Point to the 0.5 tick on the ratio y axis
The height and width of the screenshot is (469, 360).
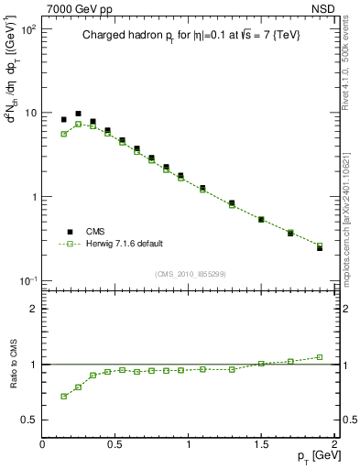[x=29, y=420]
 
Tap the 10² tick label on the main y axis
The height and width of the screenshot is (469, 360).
[x=27, y=29]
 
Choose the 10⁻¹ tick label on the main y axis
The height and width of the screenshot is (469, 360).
[x=27, y=279]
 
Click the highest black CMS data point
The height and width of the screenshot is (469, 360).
[x=78, y=114]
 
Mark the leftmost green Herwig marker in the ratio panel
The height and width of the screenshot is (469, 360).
[x=63, y=396]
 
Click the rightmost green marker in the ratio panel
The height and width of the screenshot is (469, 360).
[x=320, y=357]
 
